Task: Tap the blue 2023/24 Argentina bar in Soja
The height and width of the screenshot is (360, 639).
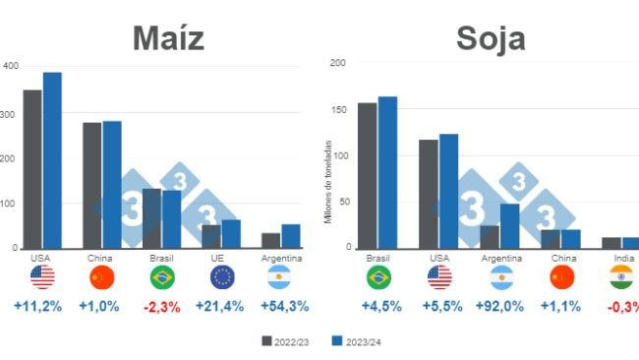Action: (509, 226)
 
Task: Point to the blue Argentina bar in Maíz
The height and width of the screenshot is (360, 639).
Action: (291, 236)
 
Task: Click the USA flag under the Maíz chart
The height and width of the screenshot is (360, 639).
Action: (42, 276)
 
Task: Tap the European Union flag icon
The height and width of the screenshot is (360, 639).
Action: (221, 276)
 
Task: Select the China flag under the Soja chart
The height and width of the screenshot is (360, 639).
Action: (559, 276)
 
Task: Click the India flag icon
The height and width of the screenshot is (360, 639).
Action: (621, 276)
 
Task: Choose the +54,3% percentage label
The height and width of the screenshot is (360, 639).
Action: (284, 306)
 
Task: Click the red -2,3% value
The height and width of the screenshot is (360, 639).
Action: (162, 306)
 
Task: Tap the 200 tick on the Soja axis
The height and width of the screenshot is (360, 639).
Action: (337, 63)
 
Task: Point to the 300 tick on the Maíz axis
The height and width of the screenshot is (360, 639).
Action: (10, 114)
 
